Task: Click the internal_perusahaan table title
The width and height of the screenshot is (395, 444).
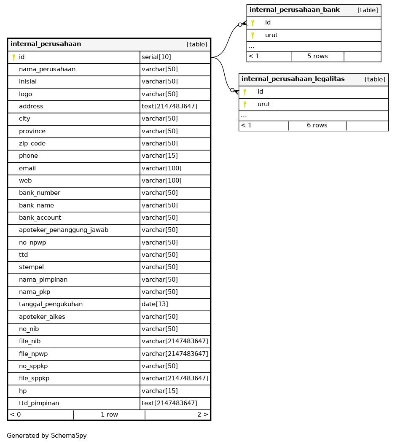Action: [46, 44]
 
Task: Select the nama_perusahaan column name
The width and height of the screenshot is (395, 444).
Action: [47, 70]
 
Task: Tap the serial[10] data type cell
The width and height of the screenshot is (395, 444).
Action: [156, 57]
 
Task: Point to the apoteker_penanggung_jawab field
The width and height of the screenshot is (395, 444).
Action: [64, 230]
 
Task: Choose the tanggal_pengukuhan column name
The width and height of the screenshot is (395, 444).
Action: [51, 304]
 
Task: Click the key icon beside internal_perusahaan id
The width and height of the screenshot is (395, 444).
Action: [13, 57]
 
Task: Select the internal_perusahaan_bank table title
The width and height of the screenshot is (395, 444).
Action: [295, 10]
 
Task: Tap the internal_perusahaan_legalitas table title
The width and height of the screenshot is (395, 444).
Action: [293, 79]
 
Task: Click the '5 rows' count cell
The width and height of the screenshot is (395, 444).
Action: [317, 57]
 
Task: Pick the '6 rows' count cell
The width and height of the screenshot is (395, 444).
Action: [317, 126]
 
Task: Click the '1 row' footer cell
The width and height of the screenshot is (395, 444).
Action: [109, 415]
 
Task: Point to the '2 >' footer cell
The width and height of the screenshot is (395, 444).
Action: [202, 415]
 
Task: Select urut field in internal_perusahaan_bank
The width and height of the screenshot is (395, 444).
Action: [271, 35]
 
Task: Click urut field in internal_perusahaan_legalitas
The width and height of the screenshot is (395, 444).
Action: [263, 105]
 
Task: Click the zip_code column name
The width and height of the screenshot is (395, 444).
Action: [32, 144]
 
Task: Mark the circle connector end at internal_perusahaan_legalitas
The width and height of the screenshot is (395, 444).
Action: [232, 90]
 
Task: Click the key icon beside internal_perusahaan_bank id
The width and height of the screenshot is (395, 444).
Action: [253, 23]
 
